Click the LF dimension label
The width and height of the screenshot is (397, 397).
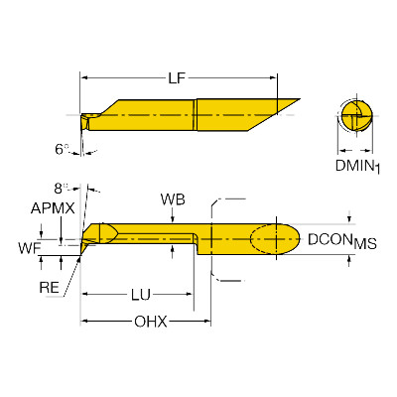tap(177, 78)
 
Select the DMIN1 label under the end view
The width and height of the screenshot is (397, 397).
tap(357, 166)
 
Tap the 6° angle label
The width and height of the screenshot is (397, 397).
tap(62, 150)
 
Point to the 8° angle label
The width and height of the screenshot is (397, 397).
tap(61, 189)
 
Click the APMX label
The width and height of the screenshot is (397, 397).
tap(53, 208)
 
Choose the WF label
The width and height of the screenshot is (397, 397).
tap(30, 248)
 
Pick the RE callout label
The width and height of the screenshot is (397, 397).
tap(49, 288)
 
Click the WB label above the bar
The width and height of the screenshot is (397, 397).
tap(173, 199)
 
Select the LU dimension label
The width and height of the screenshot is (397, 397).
tap(141, 295)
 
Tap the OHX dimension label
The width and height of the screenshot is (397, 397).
tap(151, 322)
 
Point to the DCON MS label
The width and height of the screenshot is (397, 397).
tap(342, 240)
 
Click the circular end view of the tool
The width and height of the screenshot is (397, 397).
tap(356, 116)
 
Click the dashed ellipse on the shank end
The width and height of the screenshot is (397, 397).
tap(264, 239)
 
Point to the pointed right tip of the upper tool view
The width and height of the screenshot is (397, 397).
tap(300, 98)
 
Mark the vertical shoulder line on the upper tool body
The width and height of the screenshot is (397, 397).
tap(196, 114)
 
